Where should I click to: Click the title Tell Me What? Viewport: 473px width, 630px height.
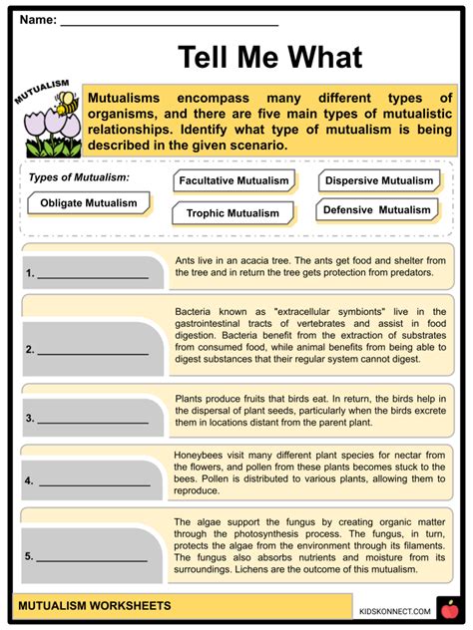pyautogui.click(x=269, y=57)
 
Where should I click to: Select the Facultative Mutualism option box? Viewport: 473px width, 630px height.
pyautogui.click(x=235, y=181)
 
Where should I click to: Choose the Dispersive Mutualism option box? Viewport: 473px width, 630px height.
pyautogui.click(x=380, y=180)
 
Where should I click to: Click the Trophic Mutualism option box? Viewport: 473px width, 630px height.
pyautogui.click(x=233, y=212)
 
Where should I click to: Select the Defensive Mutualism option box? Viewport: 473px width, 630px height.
pyautogui.click(x=377, y=210)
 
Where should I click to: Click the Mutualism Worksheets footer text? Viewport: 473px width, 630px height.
pyautogui.click(x=99, y=606)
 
